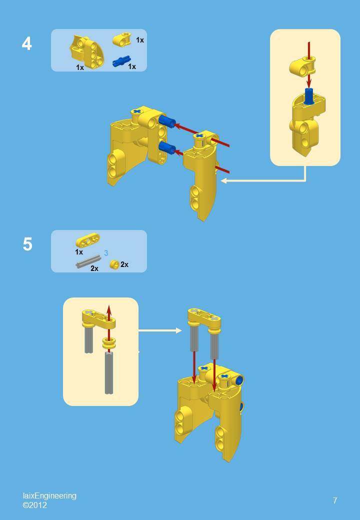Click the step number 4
(27, 44)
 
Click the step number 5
(27, 244)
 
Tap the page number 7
(334, 500)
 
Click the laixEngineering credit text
(49, 495)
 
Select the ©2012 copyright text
(35, 505)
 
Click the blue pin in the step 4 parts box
(120, 61)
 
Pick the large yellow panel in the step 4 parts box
(86, 51)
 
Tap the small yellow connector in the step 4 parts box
(121, 39)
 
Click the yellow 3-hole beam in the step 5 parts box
(87, 240)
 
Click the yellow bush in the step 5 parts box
(114, 264)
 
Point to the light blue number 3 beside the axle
(106, 253)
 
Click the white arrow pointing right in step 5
(160, 330)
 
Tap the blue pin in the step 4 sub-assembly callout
(308, 95)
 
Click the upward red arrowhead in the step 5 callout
(109, 309)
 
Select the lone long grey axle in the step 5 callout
(108, 372)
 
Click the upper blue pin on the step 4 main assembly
(167, 121)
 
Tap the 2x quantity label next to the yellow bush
(124, 264)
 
